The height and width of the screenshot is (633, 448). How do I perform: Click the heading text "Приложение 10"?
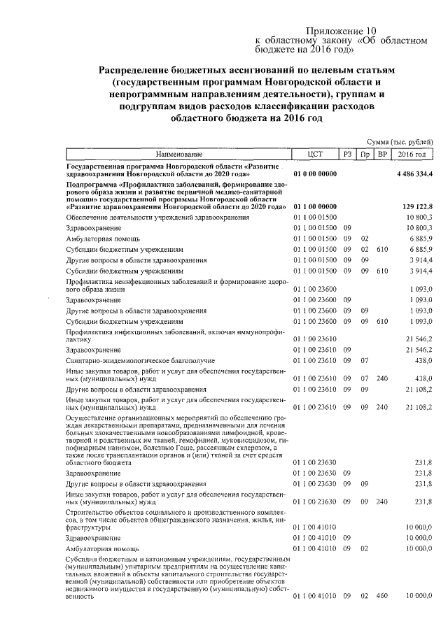coord(342,31)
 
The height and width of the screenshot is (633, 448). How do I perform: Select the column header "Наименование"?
coord(179,154)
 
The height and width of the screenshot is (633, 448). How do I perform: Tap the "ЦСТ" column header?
coord(315,154)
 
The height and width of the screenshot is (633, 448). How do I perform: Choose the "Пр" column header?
coord(365,154)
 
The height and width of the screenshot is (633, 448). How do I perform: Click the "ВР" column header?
coord(381,154)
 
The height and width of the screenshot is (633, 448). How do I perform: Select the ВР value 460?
coord(381,595)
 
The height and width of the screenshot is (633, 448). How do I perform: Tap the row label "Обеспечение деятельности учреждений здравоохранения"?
coord(157,218)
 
